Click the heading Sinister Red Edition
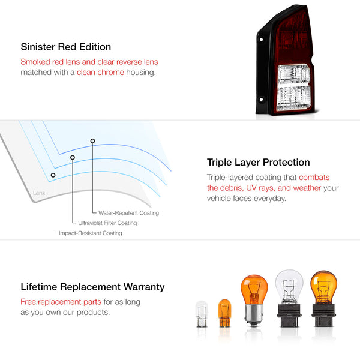[66, 47]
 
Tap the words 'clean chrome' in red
[100, 73]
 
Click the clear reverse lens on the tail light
[294, 88]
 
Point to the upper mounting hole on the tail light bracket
[261, 40]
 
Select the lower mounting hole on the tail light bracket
[261, 100]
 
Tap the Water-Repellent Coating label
[128, 213]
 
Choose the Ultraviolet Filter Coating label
[107, 223]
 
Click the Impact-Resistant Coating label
[91, 233]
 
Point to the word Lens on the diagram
[39, 193]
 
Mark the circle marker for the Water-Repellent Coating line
[92, 141]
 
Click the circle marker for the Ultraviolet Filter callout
[73, 157]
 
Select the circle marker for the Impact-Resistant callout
[53, 175]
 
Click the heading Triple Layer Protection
[258, 163]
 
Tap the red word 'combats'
[314, 177]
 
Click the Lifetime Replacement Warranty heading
[92, 287]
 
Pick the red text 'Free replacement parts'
[61, 302]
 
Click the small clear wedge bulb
[202, 314]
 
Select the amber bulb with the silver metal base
[254, 301]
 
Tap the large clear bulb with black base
[289, 298]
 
